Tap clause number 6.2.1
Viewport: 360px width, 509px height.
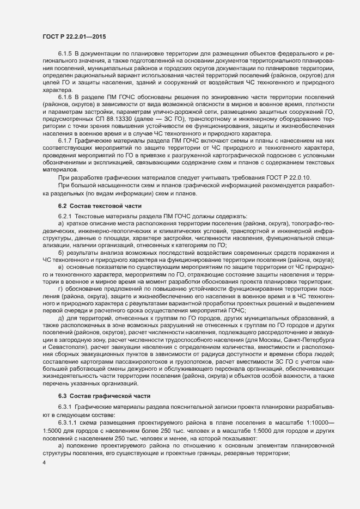[65, 217]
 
